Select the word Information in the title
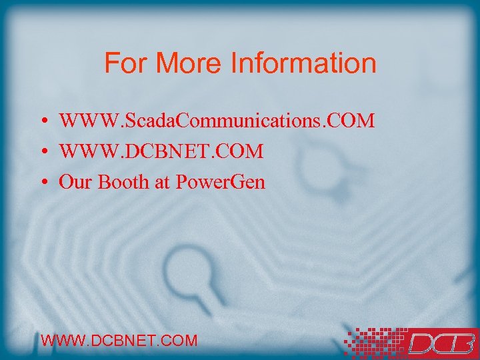303,63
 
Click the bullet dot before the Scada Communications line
42,122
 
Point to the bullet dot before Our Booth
42,183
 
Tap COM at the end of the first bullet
353,121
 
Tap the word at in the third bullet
162,183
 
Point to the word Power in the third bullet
198,182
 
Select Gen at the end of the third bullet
248,182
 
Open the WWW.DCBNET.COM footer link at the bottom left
119,341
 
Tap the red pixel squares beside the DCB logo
370,341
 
